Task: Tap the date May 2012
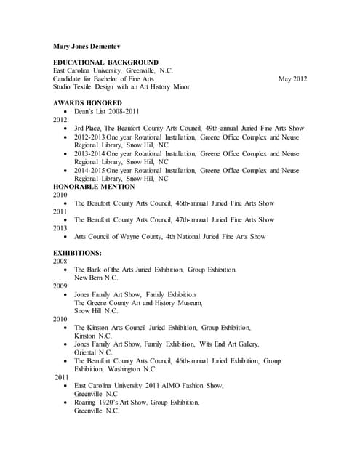(x=292, y=78)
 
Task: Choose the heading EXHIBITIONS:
(x=78, y=253)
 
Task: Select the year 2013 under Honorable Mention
(x=60, y=228)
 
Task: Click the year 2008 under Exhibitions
(x=60, y=262)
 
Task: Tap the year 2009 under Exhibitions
(x=60, y=286)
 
